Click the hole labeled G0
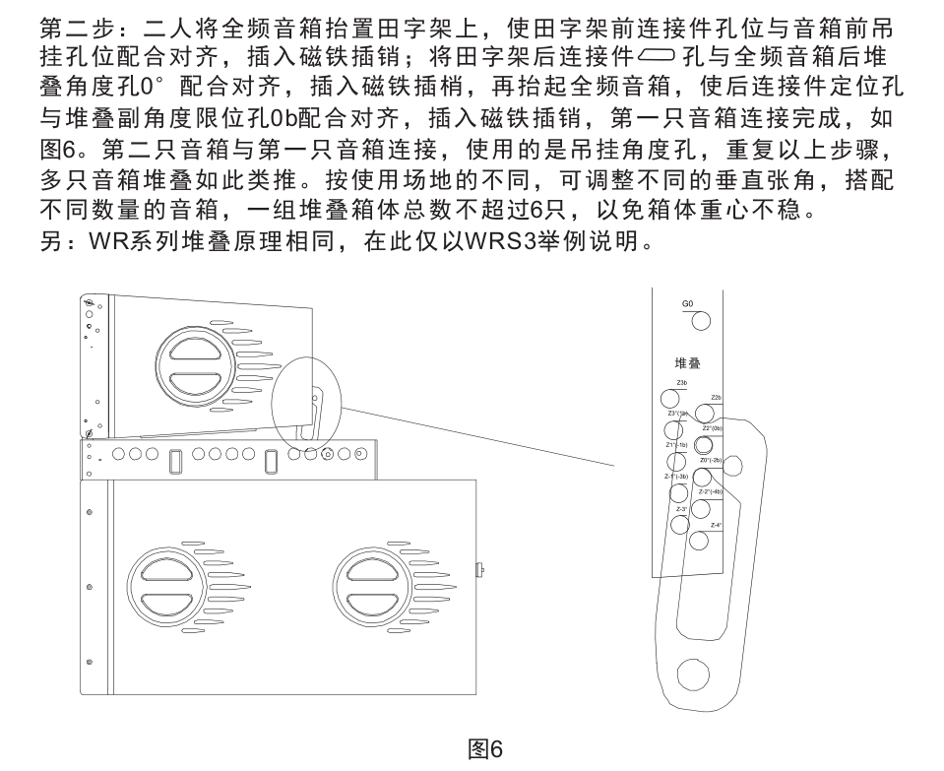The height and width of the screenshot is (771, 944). pyautogui.click(x=701, y=321)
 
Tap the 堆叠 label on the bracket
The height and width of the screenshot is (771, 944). pyautogui.click(x=688, y=362)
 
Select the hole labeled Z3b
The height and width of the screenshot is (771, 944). pyautogui.click(x=671, y=397)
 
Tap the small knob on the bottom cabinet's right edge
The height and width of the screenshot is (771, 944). pyautogui.click(x=479, y=569)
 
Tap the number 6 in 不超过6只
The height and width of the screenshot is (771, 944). pyautogui.click(x=537, y=209)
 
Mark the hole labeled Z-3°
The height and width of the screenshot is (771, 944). pyautogui.click(x=680, y=523)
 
